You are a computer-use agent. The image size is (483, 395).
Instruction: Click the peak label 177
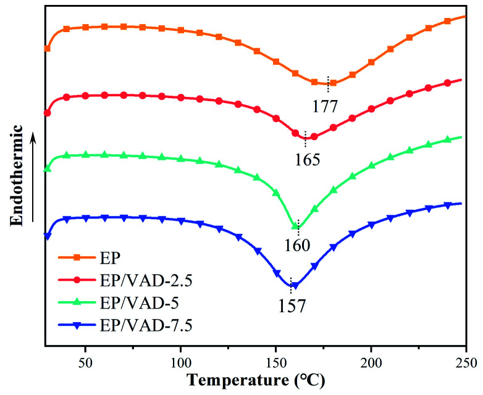pyautogui.click(x=324, y=106)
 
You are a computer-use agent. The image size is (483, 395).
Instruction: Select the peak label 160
pyautogui.click(x=297, y=245)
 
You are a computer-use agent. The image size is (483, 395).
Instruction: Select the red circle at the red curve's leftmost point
pyautogui.click(x=48, y=113)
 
